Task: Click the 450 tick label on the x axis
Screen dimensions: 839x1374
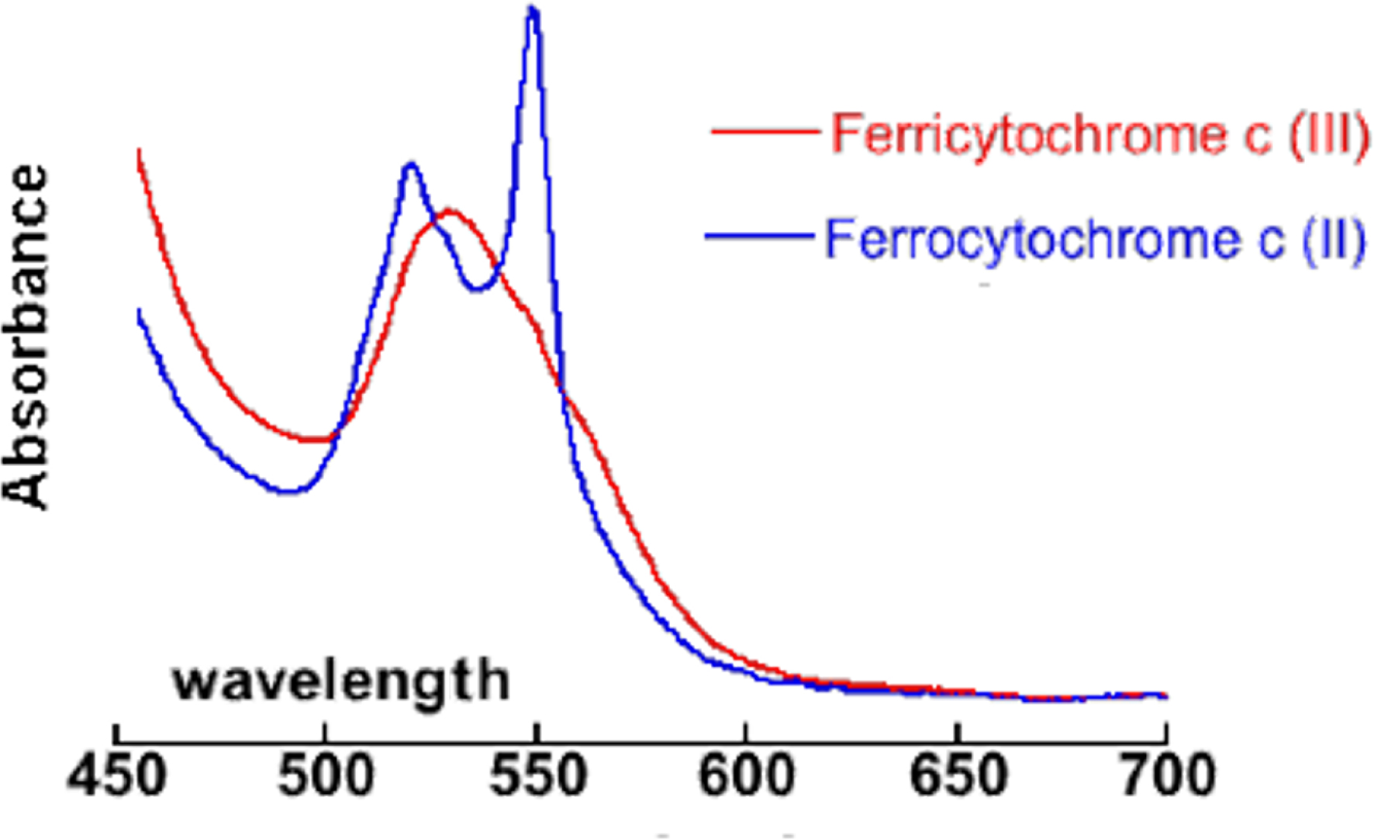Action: pyautogui.click(x=116, y=776)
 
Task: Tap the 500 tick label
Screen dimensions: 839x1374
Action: pyautogui.click(x=326, y=776)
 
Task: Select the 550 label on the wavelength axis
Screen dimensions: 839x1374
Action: pyautogui.click(x=537, y=776)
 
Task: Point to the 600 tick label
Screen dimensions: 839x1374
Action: pyautogui.click(x=747, y=776)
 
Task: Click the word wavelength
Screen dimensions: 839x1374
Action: pyautogui.click(x=341, y=681)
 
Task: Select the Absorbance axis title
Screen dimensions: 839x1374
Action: pyautogui.click(x=28, y=337)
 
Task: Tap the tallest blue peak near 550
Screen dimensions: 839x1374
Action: pyautogui.click(x=533, y=10)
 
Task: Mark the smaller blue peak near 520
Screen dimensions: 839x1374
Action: pyautogui.click(x=410, y=164)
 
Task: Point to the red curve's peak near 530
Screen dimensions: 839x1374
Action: pyautogui.click(x=449, y=211)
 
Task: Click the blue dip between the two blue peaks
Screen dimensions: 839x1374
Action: pyautogui.click(x=478, y=289)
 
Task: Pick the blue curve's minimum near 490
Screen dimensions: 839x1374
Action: pyautogui.click(x=289, y=491)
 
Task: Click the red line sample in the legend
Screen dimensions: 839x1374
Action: pyautogui.click(x=765, y=133)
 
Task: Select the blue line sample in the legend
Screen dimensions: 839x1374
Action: pyautogui.click(x=758, y=237)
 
